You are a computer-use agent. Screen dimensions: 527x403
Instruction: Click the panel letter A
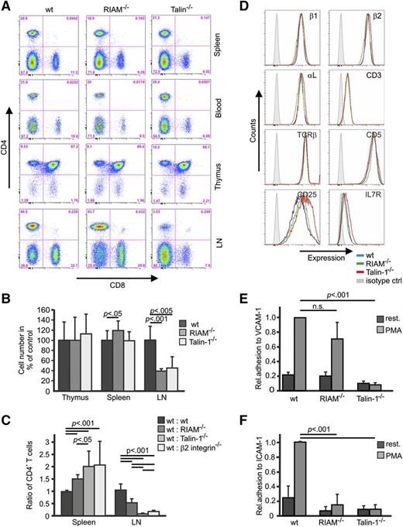click(x=5, y=6)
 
